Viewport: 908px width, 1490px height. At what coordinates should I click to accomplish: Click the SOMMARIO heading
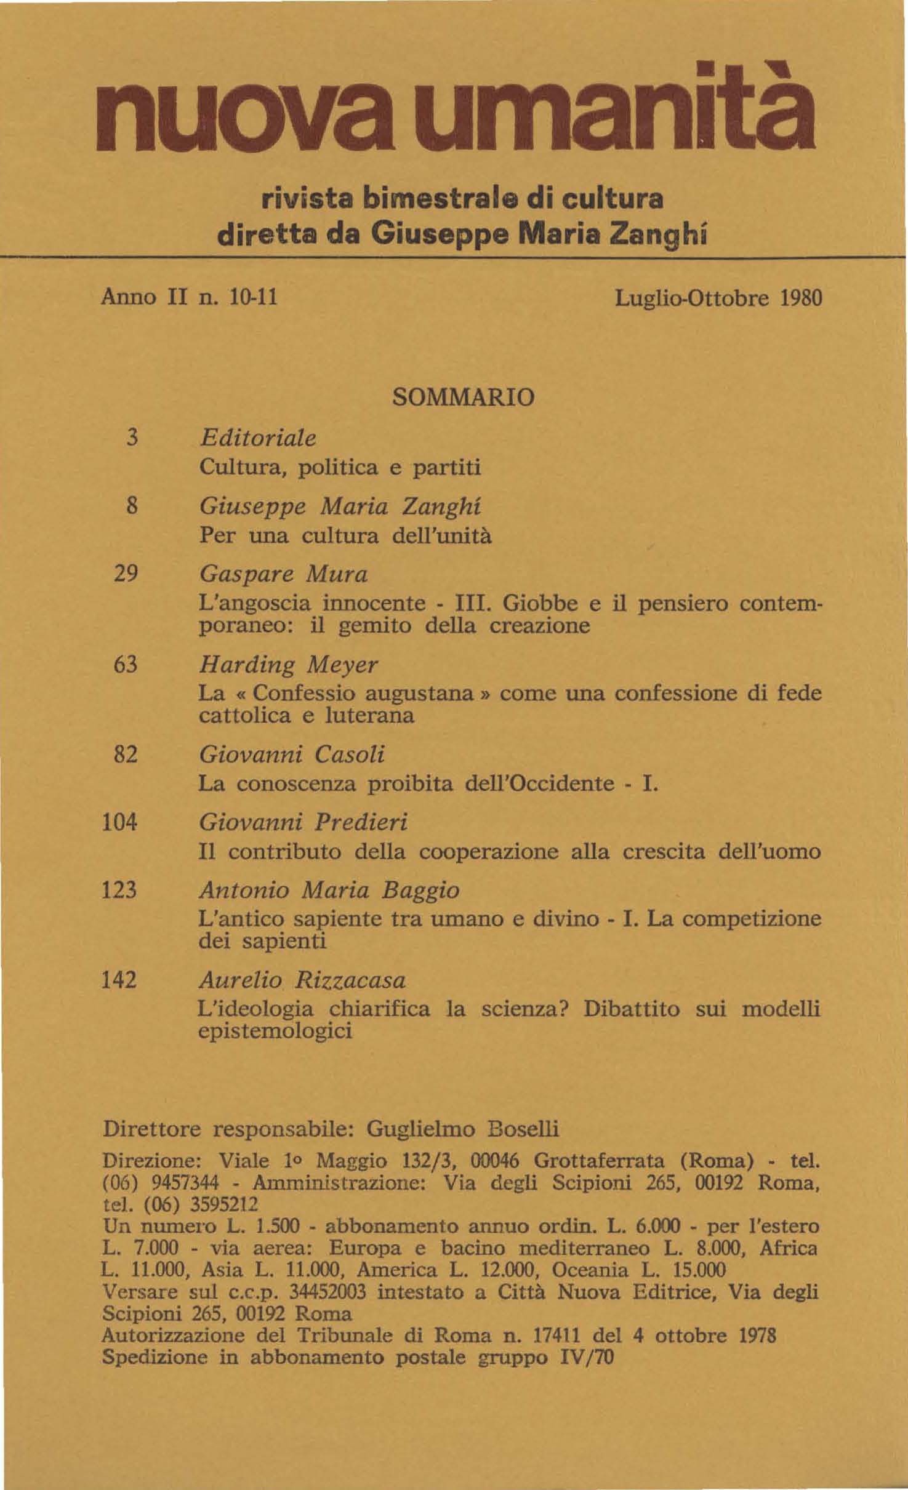(x=464, y=397)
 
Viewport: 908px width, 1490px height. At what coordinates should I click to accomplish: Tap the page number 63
(x=126, y=665)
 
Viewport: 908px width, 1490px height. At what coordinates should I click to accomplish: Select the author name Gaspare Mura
(x=284, y=574)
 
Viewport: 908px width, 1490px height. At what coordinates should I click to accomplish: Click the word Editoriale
(x=258, y=438)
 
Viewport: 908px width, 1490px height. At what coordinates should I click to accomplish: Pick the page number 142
(x=119, y=979)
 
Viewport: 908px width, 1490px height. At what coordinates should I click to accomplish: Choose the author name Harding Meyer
(x=288, y=665)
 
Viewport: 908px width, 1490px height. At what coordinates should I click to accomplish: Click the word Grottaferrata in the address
(x=599, y=1161)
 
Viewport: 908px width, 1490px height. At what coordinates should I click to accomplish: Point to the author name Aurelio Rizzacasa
(x=302, y=980)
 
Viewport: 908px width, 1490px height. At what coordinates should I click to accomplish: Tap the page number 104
(x=119, y=822)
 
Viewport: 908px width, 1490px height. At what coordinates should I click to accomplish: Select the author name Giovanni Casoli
(x=292, y=755)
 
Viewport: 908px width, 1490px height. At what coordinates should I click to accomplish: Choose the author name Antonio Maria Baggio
(x=329, y=890)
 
